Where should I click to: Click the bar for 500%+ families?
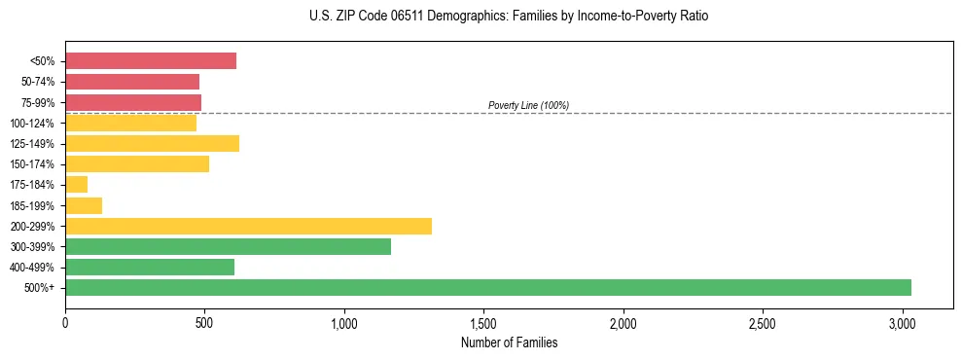point(487,288)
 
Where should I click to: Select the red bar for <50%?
point(151,61)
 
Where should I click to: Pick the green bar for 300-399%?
point(228,247)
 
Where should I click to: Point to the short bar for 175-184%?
point(77,185)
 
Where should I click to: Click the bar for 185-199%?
point(84,205)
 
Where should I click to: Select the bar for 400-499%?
point(150,268)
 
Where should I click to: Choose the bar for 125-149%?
point(152,143)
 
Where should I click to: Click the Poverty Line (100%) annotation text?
point(528,105)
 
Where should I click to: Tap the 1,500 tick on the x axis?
point(483,323)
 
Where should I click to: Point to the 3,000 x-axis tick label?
point(902,323)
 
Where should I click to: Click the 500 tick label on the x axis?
point(204,323)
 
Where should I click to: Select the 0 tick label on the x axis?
point(65,323)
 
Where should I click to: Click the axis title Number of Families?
point(509,342)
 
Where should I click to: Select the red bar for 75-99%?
point(133,102)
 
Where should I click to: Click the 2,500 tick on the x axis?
point(763,323)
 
